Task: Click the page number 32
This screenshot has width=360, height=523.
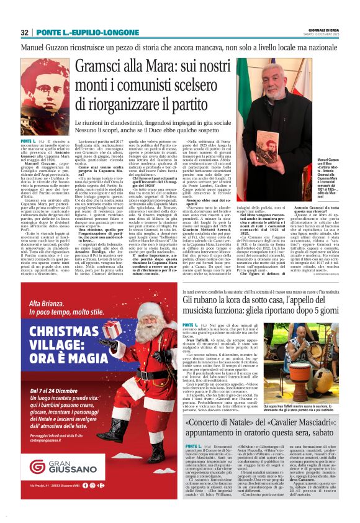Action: coord(25,32)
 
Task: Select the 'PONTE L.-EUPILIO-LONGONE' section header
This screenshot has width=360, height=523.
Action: coord(90,32)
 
